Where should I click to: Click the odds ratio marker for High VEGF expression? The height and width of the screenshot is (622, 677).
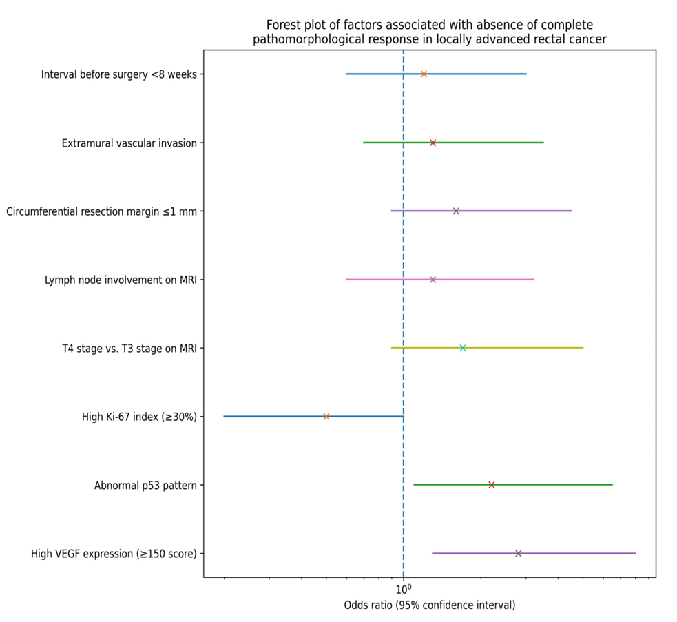pyautogui.click(x=518, y=553)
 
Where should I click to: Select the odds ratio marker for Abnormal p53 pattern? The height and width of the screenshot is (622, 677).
pyautogui.click(x=491, y=485)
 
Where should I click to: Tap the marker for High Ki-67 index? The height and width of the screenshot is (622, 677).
pyautogui.click(x=326, y=416)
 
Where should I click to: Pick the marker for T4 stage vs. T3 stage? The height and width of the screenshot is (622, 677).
pyautogui.click(x=462, y=348)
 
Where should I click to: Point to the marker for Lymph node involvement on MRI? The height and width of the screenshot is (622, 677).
pyautogui.click(x=433, y=279)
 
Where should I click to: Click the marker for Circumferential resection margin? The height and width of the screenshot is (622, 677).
pyautogui.click(x=455, y=211)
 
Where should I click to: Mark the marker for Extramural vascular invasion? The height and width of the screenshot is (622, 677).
pyautogui.click(x=433, y=143)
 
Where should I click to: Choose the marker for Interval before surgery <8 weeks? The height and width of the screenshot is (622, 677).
pyautogui.click(x=424, y=74)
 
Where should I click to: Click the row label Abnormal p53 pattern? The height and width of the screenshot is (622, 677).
pyautogui.click(x=145, y=486)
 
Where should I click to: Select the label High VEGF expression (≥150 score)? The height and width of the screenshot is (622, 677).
pyautogui.click(x=114, y=554)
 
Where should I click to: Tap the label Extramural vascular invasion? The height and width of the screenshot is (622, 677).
pyautogui.click(x=129, y=143)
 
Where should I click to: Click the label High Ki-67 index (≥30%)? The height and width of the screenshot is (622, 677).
pyautogui.click(x=138, y=417)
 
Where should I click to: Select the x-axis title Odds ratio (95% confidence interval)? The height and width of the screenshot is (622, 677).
pyautogui.click(x=429, y=605)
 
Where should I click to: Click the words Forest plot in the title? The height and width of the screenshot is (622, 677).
pyautogui.click(x=293, y=25)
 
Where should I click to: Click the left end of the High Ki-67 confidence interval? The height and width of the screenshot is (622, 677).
pyautogui.click(x=224, y=416)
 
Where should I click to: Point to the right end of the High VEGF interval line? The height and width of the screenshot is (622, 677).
pyautogui.click(x=635, y=553)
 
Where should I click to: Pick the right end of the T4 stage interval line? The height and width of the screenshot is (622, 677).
pyautogui.click(x=583, y=348)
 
